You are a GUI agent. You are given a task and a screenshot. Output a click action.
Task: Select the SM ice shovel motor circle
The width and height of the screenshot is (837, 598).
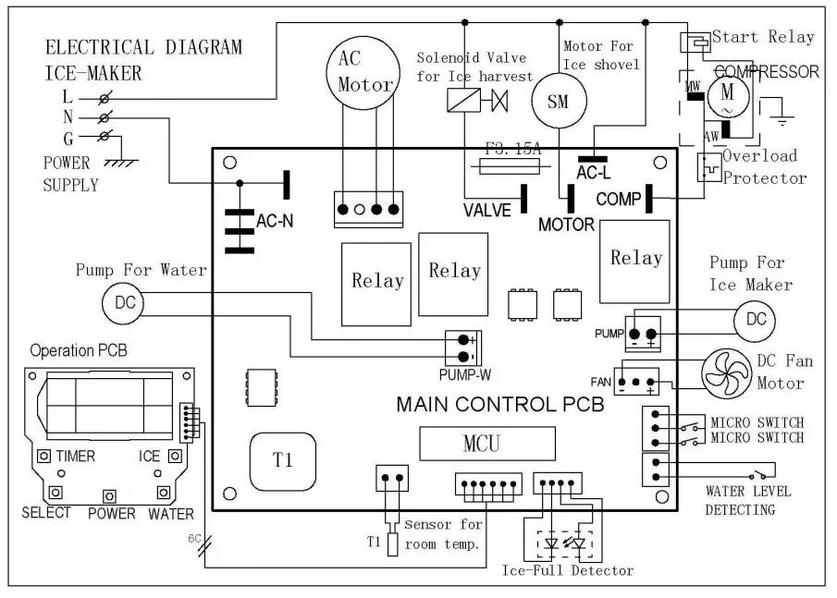click(558, 102)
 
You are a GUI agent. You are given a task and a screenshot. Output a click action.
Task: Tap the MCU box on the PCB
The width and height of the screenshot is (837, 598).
click(486, 444)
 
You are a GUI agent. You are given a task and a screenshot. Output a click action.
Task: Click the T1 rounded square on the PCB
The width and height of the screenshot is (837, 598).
click(284, 459)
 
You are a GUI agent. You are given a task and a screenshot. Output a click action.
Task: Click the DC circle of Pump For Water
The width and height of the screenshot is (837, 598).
click(124, 303)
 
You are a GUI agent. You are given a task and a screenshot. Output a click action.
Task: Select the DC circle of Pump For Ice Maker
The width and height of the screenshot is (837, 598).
click(756, 319)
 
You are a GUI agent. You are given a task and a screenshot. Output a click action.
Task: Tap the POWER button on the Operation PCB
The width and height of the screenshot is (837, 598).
click(110, 496)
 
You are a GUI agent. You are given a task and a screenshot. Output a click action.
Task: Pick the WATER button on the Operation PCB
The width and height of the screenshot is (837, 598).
click(164, 492)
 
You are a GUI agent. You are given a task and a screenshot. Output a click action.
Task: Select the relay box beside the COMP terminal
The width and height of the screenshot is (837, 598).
click(635, 260)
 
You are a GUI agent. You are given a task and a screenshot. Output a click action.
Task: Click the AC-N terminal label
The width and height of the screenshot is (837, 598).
click(275, 222)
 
